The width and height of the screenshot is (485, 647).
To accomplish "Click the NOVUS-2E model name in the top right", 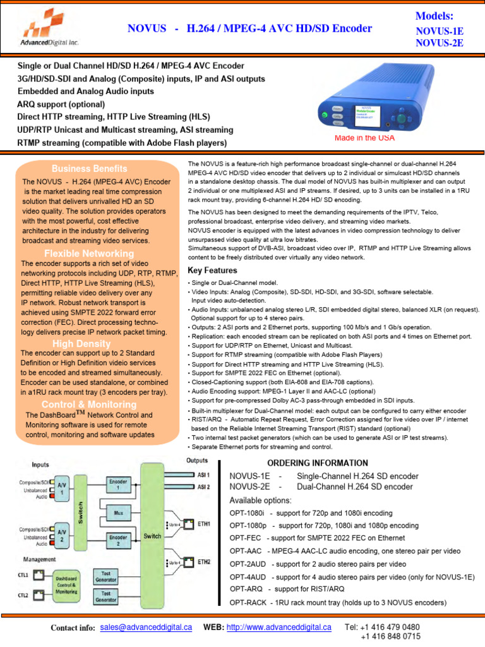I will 439,43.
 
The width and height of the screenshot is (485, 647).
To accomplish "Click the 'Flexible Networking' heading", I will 88,253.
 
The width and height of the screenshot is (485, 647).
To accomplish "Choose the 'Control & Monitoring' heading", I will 88,404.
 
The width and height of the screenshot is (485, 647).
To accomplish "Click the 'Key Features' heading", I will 212,270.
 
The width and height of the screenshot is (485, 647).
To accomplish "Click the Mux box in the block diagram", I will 117,514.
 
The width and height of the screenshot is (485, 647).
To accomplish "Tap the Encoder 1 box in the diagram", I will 117,484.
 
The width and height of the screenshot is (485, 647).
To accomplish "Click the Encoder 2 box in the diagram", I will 117,540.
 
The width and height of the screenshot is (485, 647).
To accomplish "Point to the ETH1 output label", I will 204,524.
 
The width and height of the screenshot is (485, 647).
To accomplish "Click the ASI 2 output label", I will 203,487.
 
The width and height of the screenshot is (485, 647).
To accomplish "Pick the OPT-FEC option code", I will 246,538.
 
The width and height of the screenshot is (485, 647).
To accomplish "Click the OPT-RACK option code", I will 248,603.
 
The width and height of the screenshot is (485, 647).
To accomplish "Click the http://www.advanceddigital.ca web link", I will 278,627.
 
